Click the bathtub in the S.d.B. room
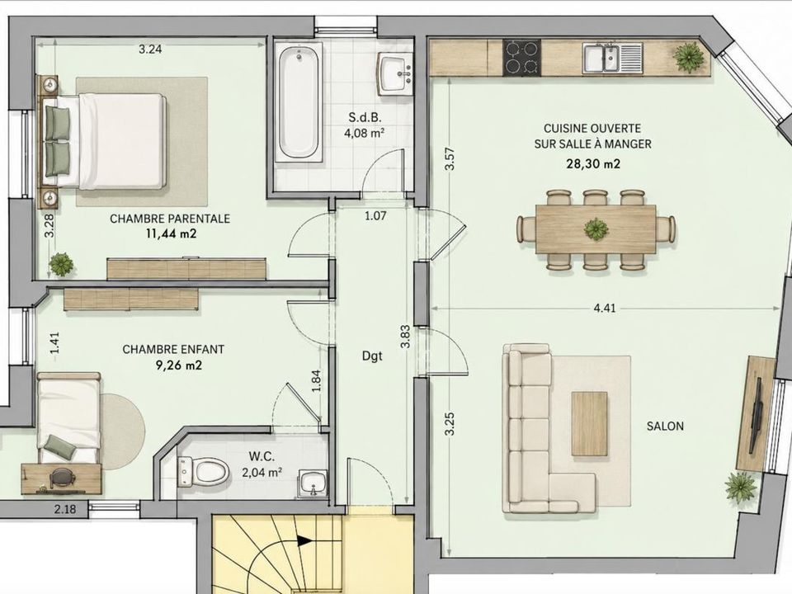[x=299, y=102]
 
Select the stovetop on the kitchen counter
[x=521, y=57]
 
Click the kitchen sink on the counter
[x=613, y=58]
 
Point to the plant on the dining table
[x=596, y=229]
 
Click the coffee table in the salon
[x=589, y=424]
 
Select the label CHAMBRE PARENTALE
[x=170, y=219]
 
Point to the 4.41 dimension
[x=605, y=308]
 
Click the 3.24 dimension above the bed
[x=150, y=49]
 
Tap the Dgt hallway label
[x=372, y=356]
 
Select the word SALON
[x=665, y=426]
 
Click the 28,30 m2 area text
[x=593, y=163]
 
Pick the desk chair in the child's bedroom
[x=61, y=478]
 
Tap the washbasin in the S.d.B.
[x=395, y=73]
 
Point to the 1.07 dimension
[x=375, y=216]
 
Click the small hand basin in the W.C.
[x=313, y=484]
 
